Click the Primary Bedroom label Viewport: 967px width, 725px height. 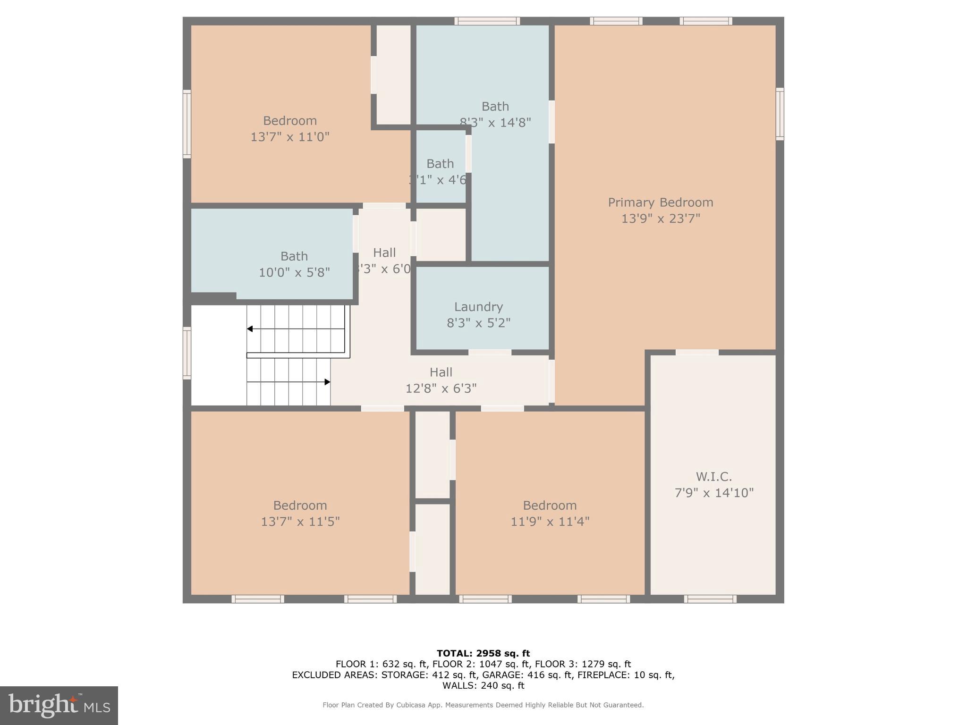click(660, 202)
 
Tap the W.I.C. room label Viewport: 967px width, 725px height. click(713, 476)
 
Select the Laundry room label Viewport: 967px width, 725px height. click(478, 307)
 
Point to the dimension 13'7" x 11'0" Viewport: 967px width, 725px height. click(289, 137)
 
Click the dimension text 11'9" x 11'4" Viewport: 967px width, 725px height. click(550, 522)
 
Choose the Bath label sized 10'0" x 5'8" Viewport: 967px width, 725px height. click(294, 256)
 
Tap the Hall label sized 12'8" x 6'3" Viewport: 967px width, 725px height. click(441, 372)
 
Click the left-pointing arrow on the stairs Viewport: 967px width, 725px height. click(250, 329)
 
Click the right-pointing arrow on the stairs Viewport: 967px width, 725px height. click(327, 382)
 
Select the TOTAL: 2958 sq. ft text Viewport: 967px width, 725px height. click(483, 653)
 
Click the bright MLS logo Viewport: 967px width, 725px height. click(59, 705)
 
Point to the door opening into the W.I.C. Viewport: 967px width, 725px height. click(696, 352)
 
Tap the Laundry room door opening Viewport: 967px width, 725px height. click(490, 352)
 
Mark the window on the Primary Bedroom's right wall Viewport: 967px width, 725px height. click(780, 114)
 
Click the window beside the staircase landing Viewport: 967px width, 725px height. click(187, 353)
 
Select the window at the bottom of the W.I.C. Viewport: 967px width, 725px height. click(710, 599)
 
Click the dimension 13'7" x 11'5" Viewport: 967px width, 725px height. click(300, 522)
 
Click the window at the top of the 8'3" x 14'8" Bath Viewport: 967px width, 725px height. click(487, 21)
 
